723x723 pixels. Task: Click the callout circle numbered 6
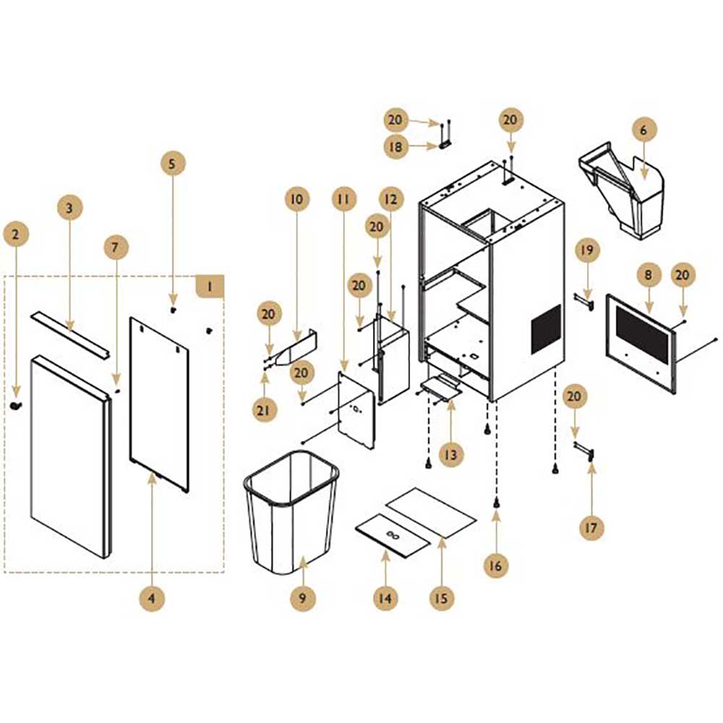643,130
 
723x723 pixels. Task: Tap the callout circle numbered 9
302,598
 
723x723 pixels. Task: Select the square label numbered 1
210,287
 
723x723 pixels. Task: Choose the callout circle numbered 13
450,455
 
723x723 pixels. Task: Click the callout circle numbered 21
263,410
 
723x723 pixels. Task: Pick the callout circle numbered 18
395,147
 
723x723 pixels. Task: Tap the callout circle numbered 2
16,234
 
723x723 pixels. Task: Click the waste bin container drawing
291,512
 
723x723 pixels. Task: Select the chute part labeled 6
623,192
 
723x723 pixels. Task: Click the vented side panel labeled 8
641,343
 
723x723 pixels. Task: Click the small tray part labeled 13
441,387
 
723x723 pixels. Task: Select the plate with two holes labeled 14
393,535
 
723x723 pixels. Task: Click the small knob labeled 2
16,406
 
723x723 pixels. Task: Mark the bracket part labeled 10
296,347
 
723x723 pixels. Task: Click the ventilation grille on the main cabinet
547,329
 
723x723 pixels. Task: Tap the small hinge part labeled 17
586,450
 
